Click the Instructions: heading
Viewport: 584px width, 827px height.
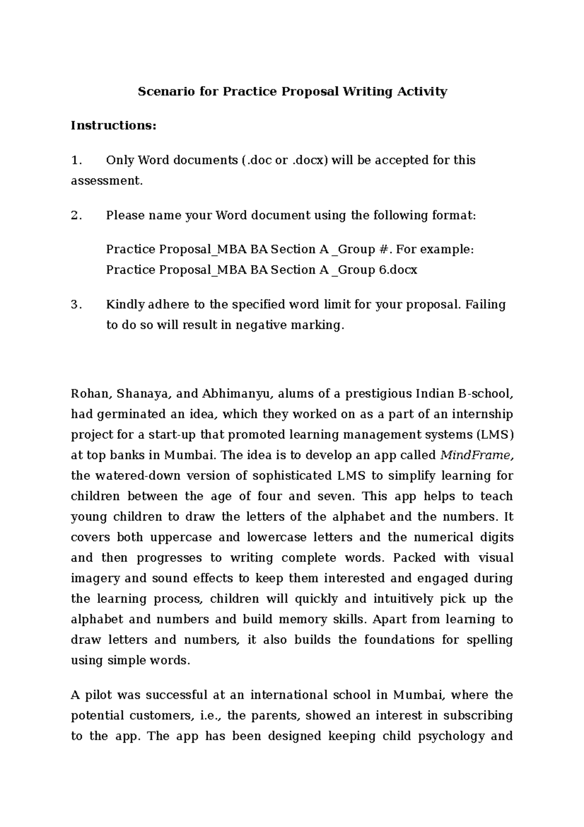point(114,126)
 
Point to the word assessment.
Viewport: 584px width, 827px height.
point(107,181)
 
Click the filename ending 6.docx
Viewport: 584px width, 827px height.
point(398,270)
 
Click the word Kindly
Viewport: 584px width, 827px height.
point(125,305)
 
